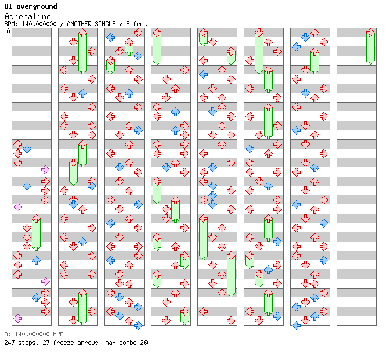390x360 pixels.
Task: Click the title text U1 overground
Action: pyautogui.click(x=31, y=6)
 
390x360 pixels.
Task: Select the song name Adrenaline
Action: pyautogui.click(x=27, y=16)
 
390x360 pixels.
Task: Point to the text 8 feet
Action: pyautogui.click(x=136, y=24)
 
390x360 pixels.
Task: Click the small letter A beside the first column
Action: pyautogui.click(x=8, y=31)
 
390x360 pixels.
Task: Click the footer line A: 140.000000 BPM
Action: pyautogui.click(x=33, y=334)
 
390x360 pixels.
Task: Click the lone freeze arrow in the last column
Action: pyautogui.click(x=370, y=46)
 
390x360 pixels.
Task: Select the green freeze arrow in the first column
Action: pyautogui.click(x=36, y=232)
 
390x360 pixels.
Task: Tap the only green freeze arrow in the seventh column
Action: pyautogui.click(x=315, y=60)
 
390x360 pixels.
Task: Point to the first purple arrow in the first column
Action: pyautogui.click(x=45, y=170)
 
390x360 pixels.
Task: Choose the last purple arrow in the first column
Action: pyautogui.click(x=17, y=318)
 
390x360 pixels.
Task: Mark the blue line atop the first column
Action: pyautogui.click(x=31, y=28)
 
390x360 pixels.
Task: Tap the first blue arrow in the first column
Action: pyautogui.click(x=27, y=149)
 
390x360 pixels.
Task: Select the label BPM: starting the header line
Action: pyautogui.click(x=10, y=24)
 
